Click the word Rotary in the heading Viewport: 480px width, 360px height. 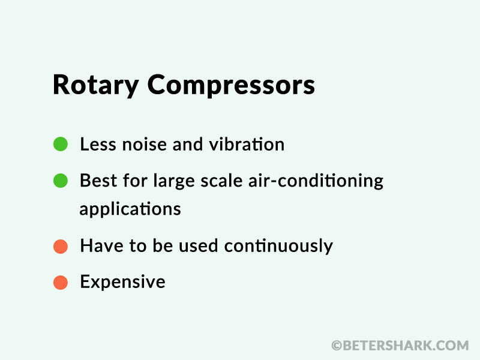pyautogui.click(x=96, y=85)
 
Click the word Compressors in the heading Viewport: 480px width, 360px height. pyautogui.click(x=231, y=85)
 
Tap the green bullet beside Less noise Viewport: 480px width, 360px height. pyautogui.click(x=61, y=144)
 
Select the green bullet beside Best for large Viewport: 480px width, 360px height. pyautogui.click(x=61, y=181)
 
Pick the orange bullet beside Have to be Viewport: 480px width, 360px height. pyautogui.click(x=61, y=247)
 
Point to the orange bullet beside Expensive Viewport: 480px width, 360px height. pyautogui.click(x=61, y=282)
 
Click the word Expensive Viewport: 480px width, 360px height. pyautogui.click(x=123, y=282)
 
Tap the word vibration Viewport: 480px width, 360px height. pyautogui.click(x=247, y=144)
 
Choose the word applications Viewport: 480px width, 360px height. pyautogui.click(x=130, y=209)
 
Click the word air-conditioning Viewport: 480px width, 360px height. pyautogui.click(x=316, y=181)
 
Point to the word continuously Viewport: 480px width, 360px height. pyautogui.click(x=278, y=247)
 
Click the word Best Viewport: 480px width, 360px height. pyautogui.click(x=98, y=181)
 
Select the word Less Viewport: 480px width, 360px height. pyautogui.click(x=98, y=144)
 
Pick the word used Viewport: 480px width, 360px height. pyautogui.click(x=199, y=246)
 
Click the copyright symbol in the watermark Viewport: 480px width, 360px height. pyautogui.click(x=337, y=346)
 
